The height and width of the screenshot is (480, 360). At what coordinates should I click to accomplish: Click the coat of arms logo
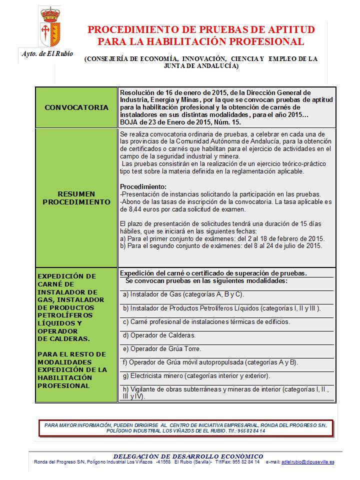tap(50, 28)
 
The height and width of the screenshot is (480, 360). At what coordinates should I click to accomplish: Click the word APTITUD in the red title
tap(289, 29)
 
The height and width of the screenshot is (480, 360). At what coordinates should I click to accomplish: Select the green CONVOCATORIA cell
tap(76, 107)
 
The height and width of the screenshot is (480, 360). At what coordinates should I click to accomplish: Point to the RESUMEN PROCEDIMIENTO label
tap(76, 198)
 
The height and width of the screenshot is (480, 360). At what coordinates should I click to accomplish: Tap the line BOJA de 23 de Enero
tap(180, 122)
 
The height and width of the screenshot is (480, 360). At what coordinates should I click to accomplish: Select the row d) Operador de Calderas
tap(159, 335)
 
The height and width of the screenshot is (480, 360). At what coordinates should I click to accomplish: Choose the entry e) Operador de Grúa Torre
tap(162, 348)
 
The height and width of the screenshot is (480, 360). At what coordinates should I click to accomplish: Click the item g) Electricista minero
tap(196, 375)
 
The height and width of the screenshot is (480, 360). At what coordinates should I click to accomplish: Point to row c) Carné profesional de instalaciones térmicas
tap(206, 321)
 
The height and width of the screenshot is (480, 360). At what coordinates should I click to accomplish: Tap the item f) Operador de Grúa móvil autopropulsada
tap(210, 362)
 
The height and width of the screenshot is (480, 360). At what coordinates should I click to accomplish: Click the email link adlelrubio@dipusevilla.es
tap(307, 462)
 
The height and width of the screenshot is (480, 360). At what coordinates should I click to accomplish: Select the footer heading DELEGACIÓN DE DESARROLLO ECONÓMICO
tap(188, 456)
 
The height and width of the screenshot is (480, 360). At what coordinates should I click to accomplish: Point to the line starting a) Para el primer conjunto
tap(222, 238)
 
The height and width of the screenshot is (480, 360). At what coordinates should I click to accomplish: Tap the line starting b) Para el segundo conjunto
tap(220, 245)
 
